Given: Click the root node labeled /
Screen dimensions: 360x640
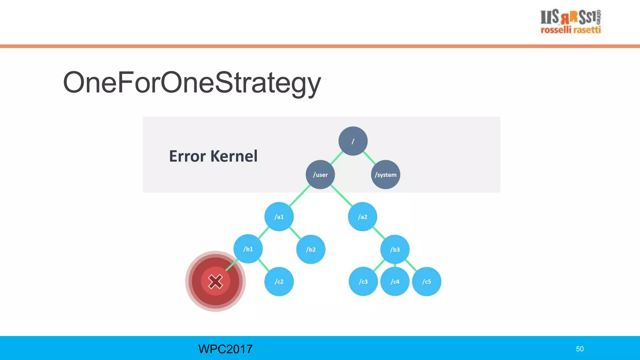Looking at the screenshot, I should [353, 141].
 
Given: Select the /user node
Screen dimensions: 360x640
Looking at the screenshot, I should [320, 174].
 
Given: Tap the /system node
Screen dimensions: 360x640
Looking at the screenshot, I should [386, 174].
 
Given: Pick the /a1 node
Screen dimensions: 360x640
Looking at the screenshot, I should [279, 217].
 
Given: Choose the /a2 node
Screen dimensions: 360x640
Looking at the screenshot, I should [362, 217].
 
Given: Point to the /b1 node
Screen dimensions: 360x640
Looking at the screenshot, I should [248, 249].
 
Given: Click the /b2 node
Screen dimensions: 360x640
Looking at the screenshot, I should [311, 249].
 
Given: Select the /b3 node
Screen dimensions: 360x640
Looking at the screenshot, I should [395, 249].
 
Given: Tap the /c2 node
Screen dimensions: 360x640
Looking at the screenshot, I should [279, 281].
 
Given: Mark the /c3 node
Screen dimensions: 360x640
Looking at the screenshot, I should [363, 281].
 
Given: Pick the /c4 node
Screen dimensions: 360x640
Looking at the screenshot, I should [395, 281].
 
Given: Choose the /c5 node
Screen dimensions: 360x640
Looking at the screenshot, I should [427, 281].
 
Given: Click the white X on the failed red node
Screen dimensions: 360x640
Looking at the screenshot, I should [215, 281].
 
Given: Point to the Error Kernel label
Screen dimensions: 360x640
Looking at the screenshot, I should [213, 156].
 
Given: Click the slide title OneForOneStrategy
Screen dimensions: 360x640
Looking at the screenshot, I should [192, 82].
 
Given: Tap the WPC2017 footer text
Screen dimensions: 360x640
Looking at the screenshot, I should [225, 349].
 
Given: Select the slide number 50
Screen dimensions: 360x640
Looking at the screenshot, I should [580, 349].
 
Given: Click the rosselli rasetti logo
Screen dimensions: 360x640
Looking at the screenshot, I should [571, 21].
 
